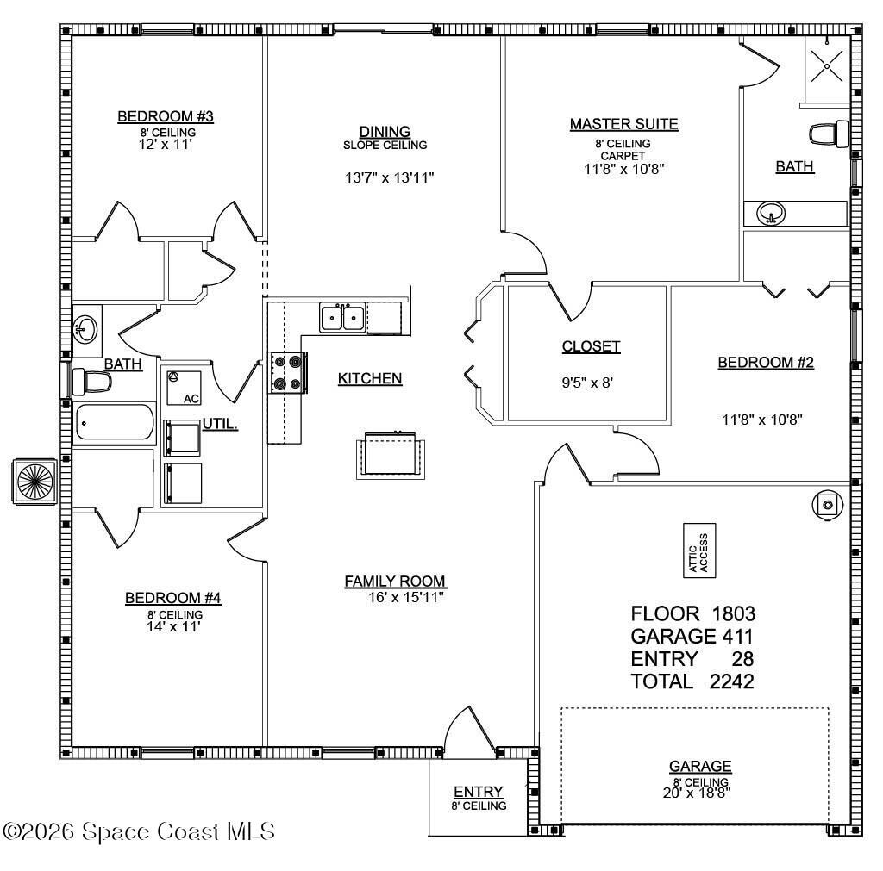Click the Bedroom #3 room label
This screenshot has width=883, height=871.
(165, 116)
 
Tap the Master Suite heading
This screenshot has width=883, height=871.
(624, 124)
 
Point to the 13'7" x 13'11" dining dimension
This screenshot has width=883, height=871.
(389, 177)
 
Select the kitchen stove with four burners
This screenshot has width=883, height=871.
(287, 372)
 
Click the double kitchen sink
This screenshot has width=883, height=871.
(343, 318)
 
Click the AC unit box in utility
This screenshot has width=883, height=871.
(184, 388)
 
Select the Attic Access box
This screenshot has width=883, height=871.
(699, 551)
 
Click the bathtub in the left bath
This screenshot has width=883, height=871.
(115, 422)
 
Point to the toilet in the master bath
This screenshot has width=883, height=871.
(829, 134)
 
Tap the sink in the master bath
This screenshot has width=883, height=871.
(771, 214)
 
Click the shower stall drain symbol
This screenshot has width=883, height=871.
(827, 65)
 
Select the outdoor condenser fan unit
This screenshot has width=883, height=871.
(34, 482)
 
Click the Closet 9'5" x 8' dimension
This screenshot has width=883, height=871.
(587, 383)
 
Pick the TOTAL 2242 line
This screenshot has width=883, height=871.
(692, 681)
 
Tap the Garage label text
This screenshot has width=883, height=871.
(700, 766)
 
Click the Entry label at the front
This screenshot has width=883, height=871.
(478, 792)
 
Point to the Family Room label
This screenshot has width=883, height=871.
(395, 582)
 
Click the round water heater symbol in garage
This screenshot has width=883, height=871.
(827, 505)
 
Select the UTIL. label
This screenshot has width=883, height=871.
(220, 424)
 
